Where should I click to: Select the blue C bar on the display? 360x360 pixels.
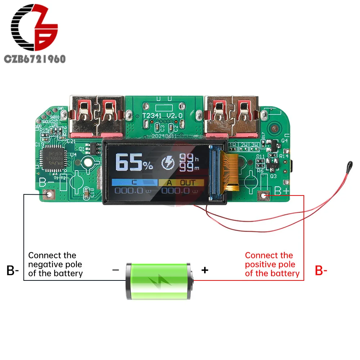tap(135, 183)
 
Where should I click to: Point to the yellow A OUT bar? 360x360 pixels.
tap(181, 183)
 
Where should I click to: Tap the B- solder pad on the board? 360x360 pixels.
tap(49, 195)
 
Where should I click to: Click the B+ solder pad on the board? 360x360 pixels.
tap(265, 195)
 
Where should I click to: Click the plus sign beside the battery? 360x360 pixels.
tap(204, 270)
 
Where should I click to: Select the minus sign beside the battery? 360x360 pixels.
tap(116, 270)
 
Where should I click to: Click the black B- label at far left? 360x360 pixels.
tap(12, 271)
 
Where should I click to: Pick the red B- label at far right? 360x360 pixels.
tap(321, 271)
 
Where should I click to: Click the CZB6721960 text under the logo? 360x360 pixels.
tap(35, 59)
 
